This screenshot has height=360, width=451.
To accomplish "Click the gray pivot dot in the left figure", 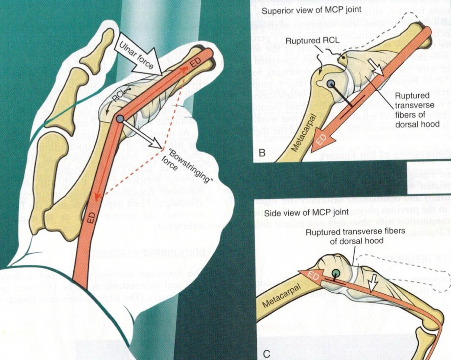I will (120, 119).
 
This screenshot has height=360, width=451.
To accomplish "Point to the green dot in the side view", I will (335, 273).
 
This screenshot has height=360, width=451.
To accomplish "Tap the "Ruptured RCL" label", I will (307, 41).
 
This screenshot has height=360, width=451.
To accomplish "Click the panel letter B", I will (262, 153).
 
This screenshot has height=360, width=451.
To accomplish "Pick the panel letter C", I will (266, 354).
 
